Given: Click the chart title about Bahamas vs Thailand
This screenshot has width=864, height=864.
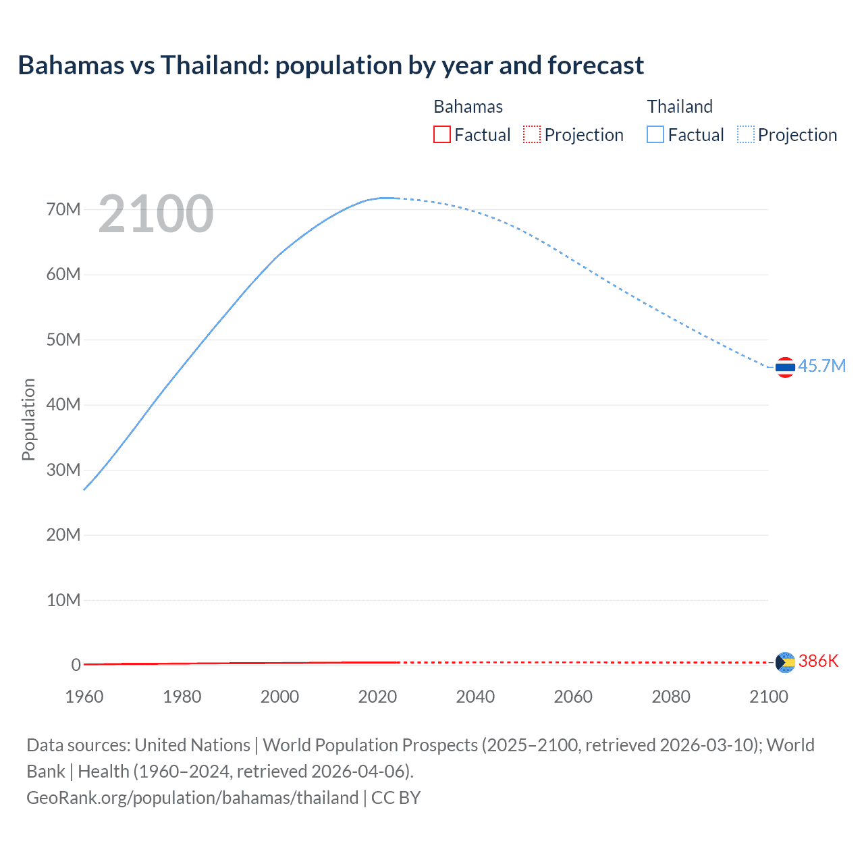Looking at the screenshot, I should click(x=331, y=65).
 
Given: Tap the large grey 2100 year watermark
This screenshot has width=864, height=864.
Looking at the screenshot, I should click(x=156, y=214).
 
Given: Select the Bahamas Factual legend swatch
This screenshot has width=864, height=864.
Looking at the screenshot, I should click(x=442, y=134).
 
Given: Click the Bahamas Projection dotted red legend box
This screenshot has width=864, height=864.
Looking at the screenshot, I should click(x=532, y=134).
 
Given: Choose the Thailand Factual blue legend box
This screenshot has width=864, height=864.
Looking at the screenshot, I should click(x=655, y=134).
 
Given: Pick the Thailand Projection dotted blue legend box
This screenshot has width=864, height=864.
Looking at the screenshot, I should click(x=746, y=134).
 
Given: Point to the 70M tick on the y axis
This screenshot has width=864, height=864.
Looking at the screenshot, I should click(x=63, y=209).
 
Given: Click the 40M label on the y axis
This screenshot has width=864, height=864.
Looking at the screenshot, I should click(x=63, y=404).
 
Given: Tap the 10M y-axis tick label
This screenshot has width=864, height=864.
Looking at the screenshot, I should click(x=63, y=600).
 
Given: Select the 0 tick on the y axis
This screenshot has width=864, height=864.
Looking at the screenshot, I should click(x=76, y=665).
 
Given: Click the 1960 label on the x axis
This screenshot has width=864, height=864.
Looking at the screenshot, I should click(x=84, y=697).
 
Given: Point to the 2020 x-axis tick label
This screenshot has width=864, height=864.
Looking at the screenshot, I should click(x=377, y=697).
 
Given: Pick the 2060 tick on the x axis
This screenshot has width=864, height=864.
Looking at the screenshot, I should click(x=573, y=697).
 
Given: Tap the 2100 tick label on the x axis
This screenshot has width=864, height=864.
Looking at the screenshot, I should click(x=768, y=697).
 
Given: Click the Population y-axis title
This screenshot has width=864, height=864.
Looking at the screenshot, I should click(x=28, y=419).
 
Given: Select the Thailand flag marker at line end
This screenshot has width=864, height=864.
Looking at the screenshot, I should click(x=785, y=367).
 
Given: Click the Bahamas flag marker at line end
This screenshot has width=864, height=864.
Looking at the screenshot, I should click(x=785, y=662).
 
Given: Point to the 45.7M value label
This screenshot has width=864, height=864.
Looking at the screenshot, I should click(x=821, y=366).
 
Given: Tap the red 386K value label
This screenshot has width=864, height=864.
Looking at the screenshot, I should click(x=818, y=661).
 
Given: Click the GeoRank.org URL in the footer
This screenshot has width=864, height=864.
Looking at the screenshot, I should click(x=192, y=797).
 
